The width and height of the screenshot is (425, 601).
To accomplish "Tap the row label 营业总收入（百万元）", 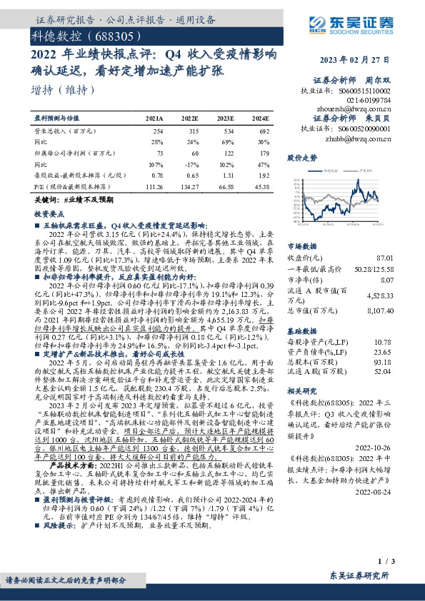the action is point(65,131).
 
